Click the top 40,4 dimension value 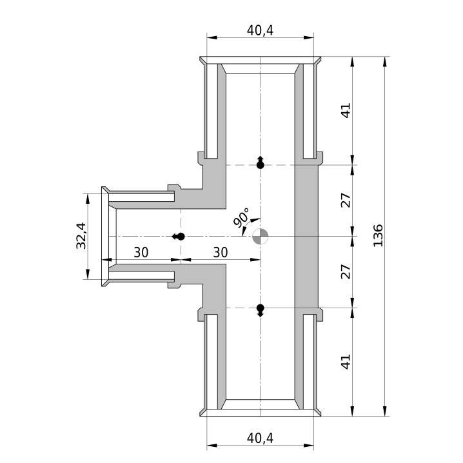[x=260, y=30]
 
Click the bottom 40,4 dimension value [x=260, y=438]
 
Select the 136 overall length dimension [x=378, y=235]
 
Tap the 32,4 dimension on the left [x=81, y=235]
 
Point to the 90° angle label [x=241, y=217]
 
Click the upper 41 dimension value [x=346, y=110]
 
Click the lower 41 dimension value [x=346, y=361]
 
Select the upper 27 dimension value [x=346, y=200]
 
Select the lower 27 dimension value [x=346, y=271]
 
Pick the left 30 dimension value [x=141, y=253]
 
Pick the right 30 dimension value [x=221, y=253]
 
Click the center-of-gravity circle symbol [x=260, y=236]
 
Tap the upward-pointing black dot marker [x=260, y=163]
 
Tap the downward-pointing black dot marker [x=260, y=310]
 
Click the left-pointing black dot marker [x=179, y=237]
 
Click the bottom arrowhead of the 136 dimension [x=384, y=411]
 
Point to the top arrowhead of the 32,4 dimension [x=88, y=199]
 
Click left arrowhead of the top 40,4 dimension [x=212, y=37]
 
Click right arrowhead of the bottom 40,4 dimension [x=308, y=446]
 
